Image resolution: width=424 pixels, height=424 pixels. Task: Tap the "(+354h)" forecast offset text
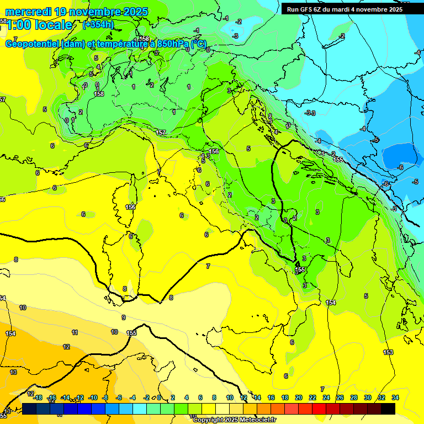coord(98,24)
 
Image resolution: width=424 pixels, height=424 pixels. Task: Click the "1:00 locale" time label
coord(39,25)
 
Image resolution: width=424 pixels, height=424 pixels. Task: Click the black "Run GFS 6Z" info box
coord(344,9)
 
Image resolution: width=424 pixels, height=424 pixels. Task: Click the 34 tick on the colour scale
coord(395,397)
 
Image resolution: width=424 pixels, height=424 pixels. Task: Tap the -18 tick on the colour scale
coord(38,397)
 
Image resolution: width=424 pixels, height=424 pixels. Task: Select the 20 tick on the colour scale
coord(299,397)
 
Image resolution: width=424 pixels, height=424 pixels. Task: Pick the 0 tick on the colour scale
coord(159,397)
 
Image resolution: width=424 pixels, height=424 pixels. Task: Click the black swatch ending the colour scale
coord(388,409)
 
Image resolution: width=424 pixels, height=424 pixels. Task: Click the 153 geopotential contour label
coord(388,352)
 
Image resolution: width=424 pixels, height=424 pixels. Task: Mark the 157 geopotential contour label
coord(161,133)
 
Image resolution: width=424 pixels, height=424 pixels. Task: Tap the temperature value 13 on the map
coord(13,373)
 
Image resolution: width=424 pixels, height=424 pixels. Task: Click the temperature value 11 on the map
coord(75,332)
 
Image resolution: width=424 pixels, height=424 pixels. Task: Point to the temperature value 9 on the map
coord(124,317)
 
